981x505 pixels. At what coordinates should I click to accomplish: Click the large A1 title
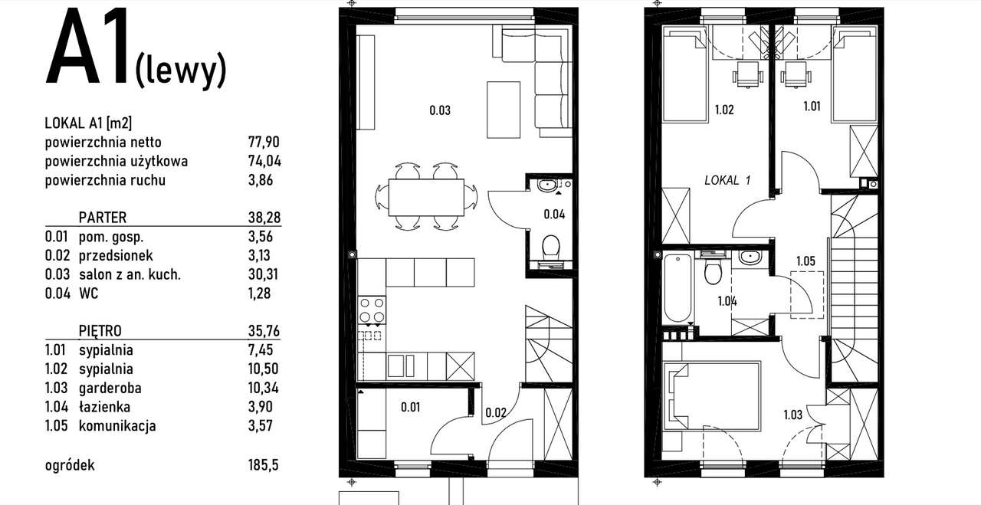[x=87, y=47]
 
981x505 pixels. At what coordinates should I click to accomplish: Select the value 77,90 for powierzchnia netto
[x=264, y=143]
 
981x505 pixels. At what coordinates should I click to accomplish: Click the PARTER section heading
[x=103, y=217]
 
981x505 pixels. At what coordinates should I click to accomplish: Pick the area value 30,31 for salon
[x=263, y=274]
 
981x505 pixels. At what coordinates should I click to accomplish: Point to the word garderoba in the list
[x=110, y=388]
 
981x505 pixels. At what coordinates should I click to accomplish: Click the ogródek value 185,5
[x=263, y=464]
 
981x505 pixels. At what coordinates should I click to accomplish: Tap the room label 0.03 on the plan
[x=440, y=110]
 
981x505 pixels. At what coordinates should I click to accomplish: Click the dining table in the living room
[x=426, y=197]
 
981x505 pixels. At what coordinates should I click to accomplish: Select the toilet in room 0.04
[x=550, y=248]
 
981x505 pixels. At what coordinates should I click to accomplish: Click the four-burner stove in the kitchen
[x=372, y=310]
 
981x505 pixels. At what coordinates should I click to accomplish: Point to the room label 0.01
[x=410, y=408]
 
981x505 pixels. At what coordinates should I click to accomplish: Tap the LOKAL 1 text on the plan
[x=727, y=179]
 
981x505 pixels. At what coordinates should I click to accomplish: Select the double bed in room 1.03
[x=711, y=396]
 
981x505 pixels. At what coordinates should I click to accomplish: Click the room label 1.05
[x=805, y=261]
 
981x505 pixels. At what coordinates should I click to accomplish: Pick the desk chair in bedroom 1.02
[x=747, y=74]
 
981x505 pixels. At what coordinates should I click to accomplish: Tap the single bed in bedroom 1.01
[x=855, y=73]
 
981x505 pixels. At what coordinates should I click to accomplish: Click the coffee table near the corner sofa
[x=504, y=110]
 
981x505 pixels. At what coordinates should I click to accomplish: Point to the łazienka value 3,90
[x=260, y=407]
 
